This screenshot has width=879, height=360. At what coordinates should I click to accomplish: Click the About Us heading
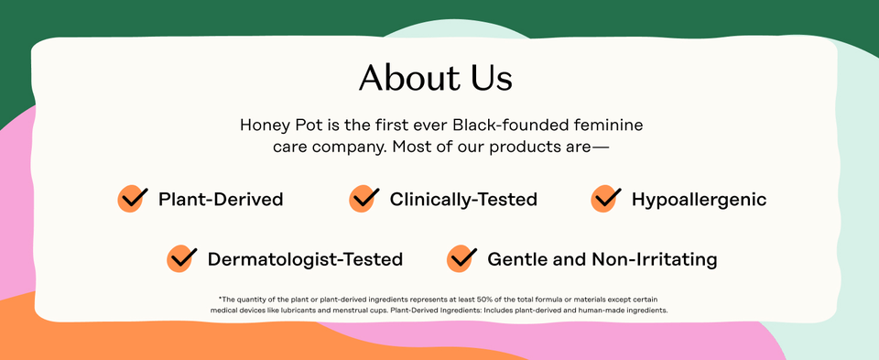(x=435, y=78)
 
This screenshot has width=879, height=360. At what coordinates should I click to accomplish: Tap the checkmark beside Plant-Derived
(x=134, y=198)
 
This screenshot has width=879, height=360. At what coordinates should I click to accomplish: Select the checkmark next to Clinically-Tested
(x=364, y=198)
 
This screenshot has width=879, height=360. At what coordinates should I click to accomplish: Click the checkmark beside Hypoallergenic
(x=606, y=198)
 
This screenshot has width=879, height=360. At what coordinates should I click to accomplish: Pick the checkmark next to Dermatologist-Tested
(x=182, y=258)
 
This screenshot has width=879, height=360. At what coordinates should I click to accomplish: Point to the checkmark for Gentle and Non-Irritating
(x=461, y=258)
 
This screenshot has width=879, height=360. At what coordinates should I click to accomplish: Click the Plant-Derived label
(x=221, y=199)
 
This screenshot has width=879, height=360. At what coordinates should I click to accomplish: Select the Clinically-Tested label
(x=463, y=199)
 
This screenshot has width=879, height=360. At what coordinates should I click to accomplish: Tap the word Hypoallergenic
(x=699, y=199)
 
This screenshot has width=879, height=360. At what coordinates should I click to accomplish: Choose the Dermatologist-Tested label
(x=305, y=259)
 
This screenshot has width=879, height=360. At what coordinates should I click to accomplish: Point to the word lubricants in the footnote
(x=310, y=311)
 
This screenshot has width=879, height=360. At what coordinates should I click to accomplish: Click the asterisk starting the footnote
(x=220, y=299)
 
